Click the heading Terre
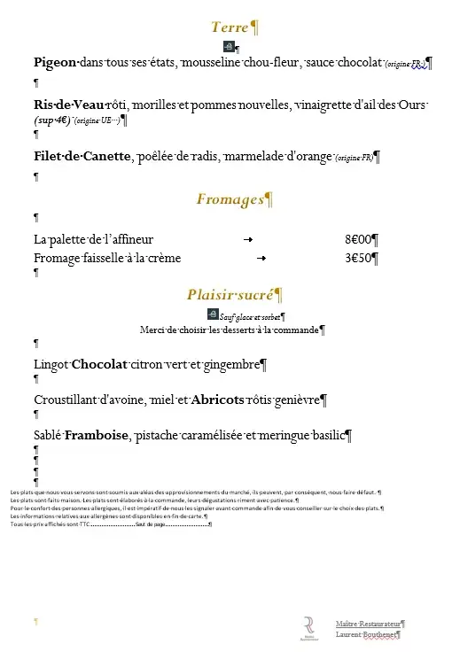pos(230,27)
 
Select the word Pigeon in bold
pos(55,63)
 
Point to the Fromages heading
pos(230,199)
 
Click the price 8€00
pos(358,239)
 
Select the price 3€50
pos(358,258)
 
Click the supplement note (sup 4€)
pos(51,120)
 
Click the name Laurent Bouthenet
pos(366,634)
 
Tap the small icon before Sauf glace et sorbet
pos(212,314)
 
